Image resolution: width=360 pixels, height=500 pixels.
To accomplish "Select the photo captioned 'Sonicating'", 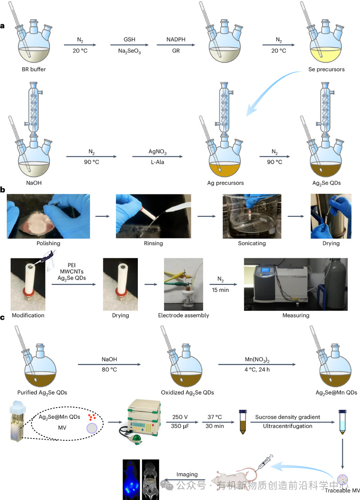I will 251,216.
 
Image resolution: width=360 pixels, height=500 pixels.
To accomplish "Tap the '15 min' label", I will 220,289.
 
